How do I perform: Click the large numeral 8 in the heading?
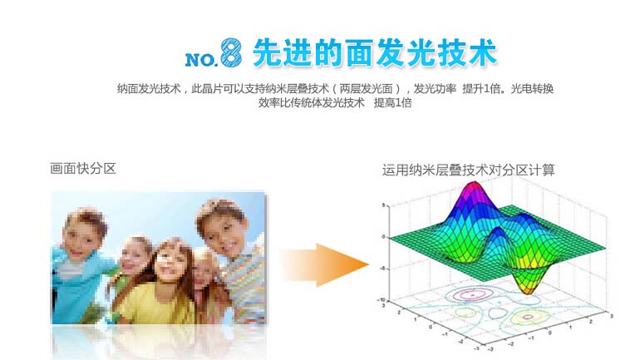[x=231, y=52]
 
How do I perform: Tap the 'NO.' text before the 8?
[x=201, y=60]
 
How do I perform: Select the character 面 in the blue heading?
[x=360, y=52]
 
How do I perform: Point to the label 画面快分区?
[x=83, y=169]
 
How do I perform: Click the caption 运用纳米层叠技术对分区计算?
[x=468, y=170]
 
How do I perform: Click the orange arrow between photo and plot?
[x=324, y=265]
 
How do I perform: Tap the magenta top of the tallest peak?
[x=473, y=189]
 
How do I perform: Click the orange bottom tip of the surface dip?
[x=525, y=288]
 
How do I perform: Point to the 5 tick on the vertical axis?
[x=383, y=205]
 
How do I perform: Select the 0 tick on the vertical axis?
[x=383, y=236]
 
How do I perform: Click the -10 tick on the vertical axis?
[x=381, y=299]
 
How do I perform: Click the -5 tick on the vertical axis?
[x=382, y=268]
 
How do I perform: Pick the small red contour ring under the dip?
[x=527, y=317]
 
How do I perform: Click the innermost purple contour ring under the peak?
[x=473, y=295]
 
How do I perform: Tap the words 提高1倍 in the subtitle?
[x=392, y=103]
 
